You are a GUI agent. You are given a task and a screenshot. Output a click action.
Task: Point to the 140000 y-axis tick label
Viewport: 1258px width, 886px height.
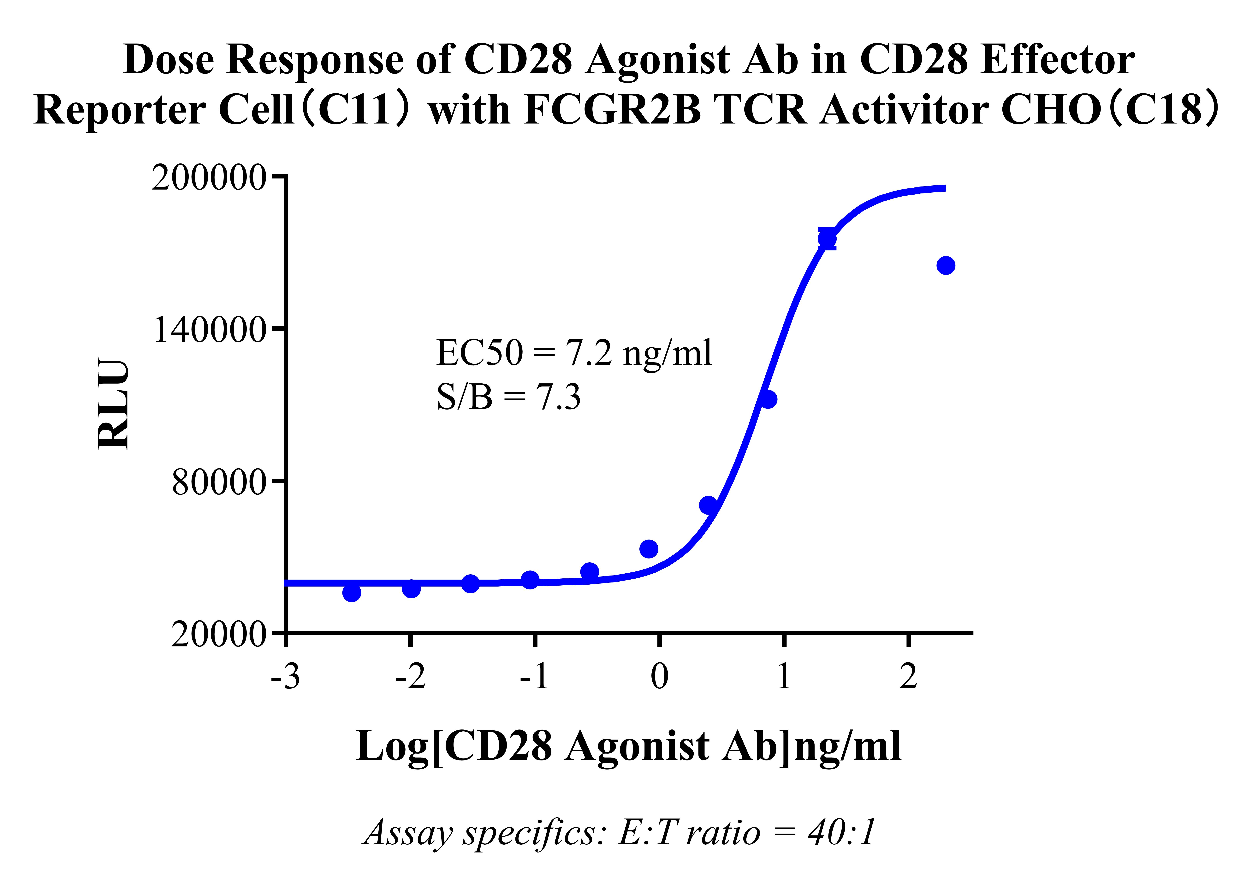210,330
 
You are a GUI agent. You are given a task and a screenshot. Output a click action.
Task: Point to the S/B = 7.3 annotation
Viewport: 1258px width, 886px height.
508,397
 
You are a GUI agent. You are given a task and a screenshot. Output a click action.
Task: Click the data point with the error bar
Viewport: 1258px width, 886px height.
827,238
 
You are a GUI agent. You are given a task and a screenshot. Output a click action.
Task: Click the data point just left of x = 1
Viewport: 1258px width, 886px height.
768,399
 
